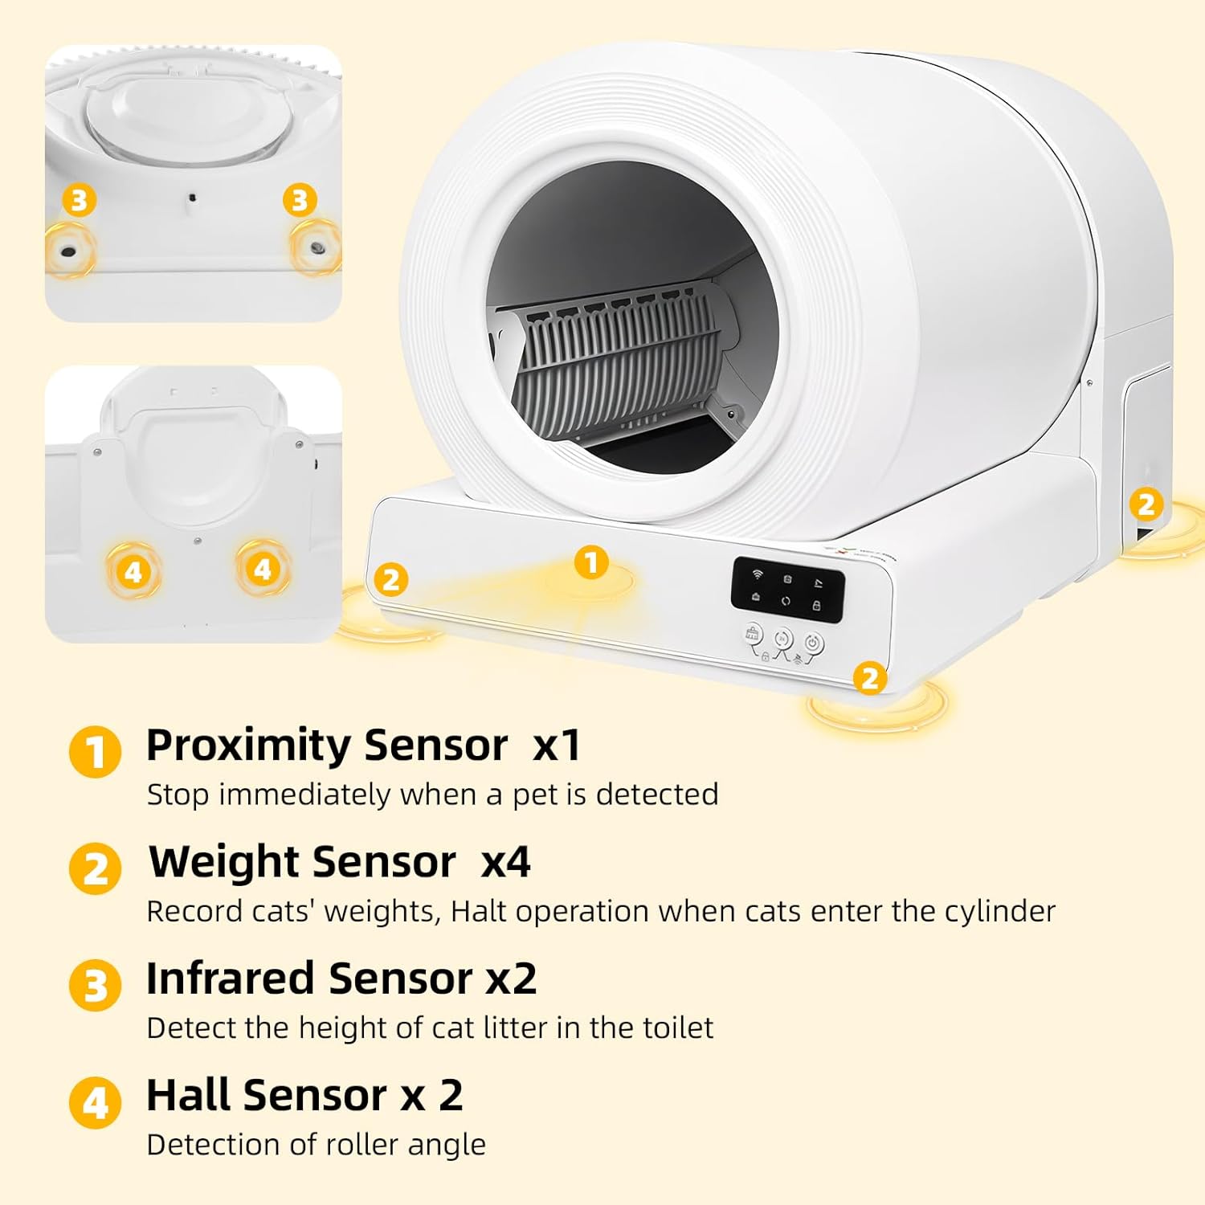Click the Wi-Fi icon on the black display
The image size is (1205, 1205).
pos(757,574)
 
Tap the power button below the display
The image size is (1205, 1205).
pos(813,643)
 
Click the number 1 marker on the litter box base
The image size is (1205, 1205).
pos(591,562)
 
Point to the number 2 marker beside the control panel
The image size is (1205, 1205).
pos(869,679)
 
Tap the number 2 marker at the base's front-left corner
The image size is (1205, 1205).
pos(391,579)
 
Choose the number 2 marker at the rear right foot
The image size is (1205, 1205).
pos(1146,504)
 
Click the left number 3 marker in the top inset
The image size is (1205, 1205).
pos(79,200)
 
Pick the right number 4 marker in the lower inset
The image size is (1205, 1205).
pos(263,570)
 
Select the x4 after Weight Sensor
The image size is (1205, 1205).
pos(505,862)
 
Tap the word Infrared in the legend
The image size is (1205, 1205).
pos(229,978)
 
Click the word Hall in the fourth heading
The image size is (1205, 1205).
pos(189,1095)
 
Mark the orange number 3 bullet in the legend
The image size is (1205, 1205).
pos(95,986)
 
